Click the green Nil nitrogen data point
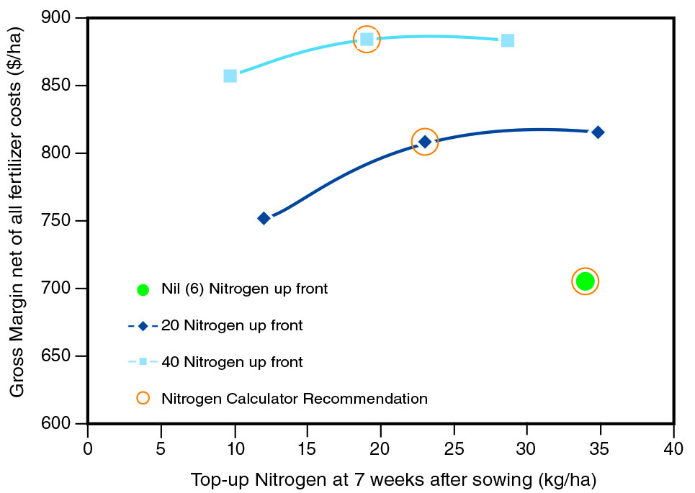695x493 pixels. (585, 281)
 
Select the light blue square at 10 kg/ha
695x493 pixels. (230, 76)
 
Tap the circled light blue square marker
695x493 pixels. (367, 39)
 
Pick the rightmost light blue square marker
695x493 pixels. (508, 40)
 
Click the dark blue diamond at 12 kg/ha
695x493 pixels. (264, 218)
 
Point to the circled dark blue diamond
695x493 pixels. (425, 142)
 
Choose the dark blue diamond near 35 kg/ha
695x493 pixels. (598, 132)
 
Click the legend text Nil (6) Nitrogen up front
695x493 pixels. (245, 289)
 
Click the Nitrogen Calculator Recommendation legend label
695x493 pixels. (295, 398)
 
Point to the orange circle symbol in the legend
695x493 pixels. (143, 398)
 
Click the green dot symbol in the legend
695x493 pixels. (143, 289)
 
